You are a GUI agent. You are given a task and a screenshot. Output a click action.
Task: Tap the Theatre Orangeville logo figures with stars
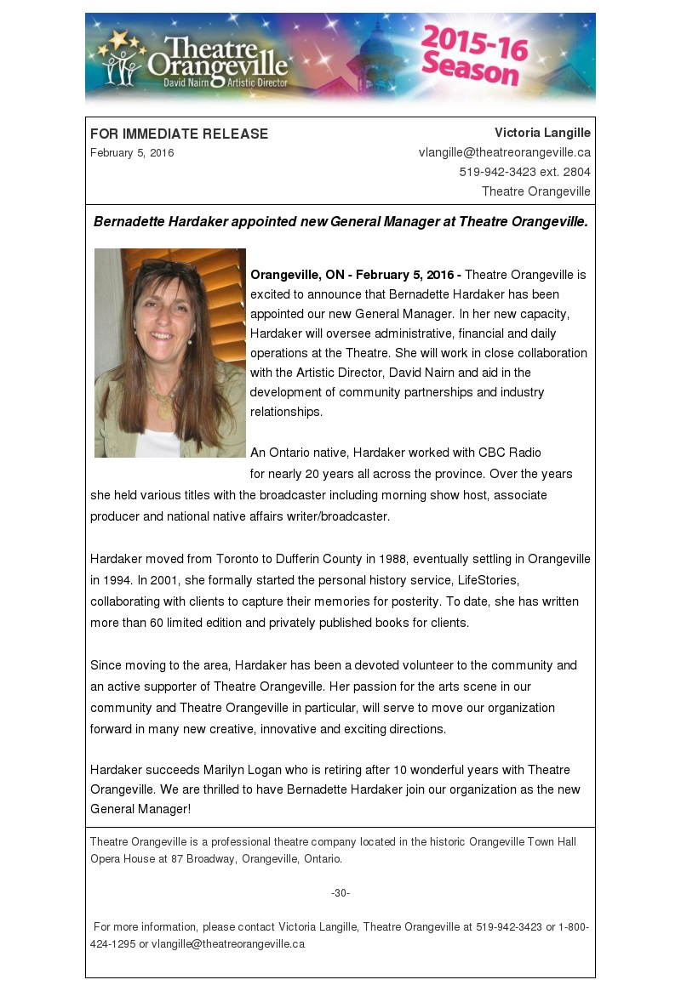coord(122,57)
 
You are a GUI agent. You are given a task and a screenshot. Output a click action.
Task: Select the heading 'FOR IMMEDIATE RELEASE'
coord(179,134)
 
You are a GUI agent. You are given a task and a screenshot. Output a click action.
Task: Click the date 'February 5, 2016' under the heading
coord(132,153)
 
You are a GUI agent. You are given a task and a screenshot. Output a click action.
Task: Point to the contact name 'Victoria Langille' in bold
coord(542,133)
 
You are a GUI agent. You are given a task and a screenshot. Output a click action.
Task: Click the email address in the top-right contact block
coord(504,152)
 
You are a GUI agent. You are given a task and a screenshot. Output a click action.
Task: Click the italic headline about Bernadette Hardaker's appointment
coord(340,222)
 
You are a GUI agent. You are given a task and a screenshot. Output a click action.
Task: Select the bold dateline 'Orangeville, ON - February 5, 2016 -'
coord(356,275)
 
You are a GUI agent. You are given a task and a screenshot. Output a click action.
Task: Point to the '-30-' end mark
coord(340,892)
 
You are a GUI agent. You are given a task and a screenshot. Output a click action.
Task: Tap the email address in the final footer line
coord(228,943)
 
